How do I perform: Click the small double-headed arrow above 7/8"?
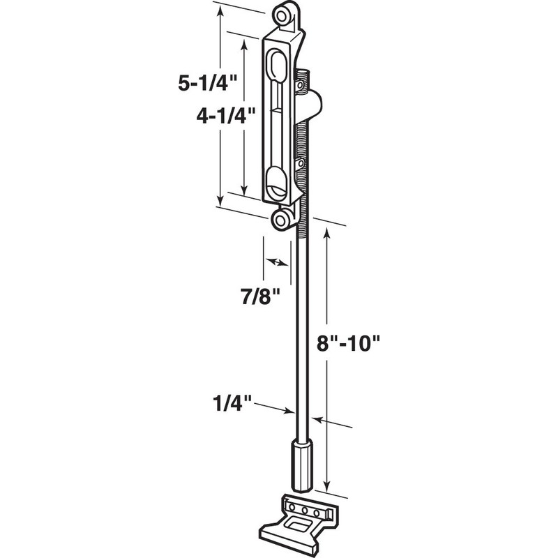277,262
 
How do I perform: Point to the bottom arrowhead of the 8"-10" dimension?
325,489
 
